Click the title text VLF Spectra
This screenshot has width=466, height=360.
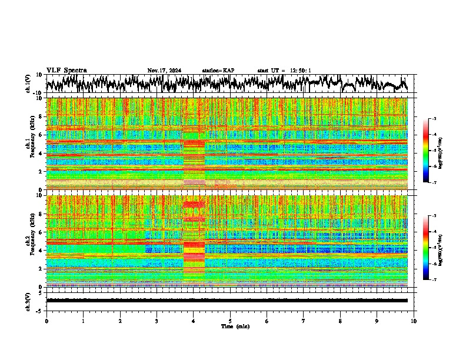click(x=66, y=70)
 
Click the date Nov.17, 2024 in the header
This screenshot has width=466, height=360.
click(x=164, y=71)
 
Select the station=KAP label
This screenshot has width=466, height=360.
click(x=218, y=71)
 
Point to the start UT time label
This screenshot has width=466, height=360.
click(x=284, y=71)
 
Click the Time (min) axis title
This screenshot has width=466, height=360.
click(x=235, y=326)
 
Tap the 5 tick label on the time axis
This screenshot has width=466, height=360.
click(x=230, y=321)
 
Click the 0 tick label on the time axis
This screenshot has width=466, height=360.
click(x=46, y=321)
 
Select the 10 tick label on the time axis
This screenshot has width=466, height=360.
click(x=414, y=321)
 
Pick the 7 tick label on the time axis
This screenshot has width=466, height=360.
click(x=304, y=321)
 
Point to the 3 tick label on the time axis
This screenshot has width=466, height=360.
click(x=157, y=321)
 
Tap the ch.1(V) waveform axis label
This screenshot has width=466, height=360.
click(x=28, y=84)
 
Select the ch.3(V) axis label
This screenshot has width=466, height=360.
click(x=28, y=301)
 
